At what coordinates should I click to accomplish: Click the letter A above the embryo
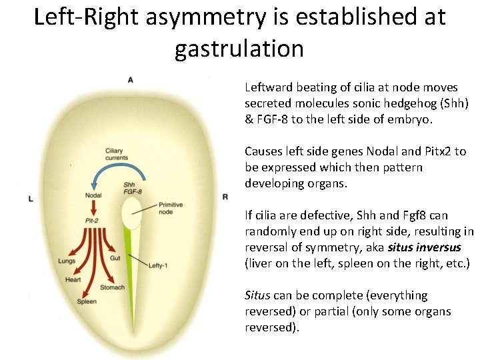(130, 80)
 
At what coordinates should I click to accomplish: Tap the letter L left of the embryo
(31, 199)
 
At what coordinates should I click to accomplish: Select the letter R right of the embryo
(225, 197)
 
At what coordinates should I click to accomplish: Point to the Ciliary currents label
(117, 154)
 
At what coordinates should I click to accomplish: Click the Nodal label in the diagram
(93, 195)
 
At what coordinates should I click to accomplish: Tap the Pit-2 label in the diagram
(92, 219)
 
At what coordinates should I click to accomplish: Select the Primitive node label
(170, 209)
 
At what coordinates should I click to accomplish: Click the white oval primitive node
(131, 214)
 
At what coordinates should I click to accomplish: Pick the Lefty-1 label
(158, 265)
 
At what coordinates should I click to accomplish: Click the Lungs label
(67, 261)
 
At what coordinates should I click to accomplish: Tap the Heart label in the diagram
(73, 279)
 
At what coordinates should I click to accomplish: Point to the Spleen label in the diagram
(87, 302)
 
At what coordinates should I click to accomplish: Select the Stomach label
(112, 287)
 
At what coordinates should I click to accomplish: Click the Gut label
(115, 257)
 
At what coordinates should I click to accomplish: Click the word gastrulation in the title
(239, 48)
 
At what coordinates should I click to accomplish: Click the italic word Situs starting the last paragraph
(257, 295)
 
